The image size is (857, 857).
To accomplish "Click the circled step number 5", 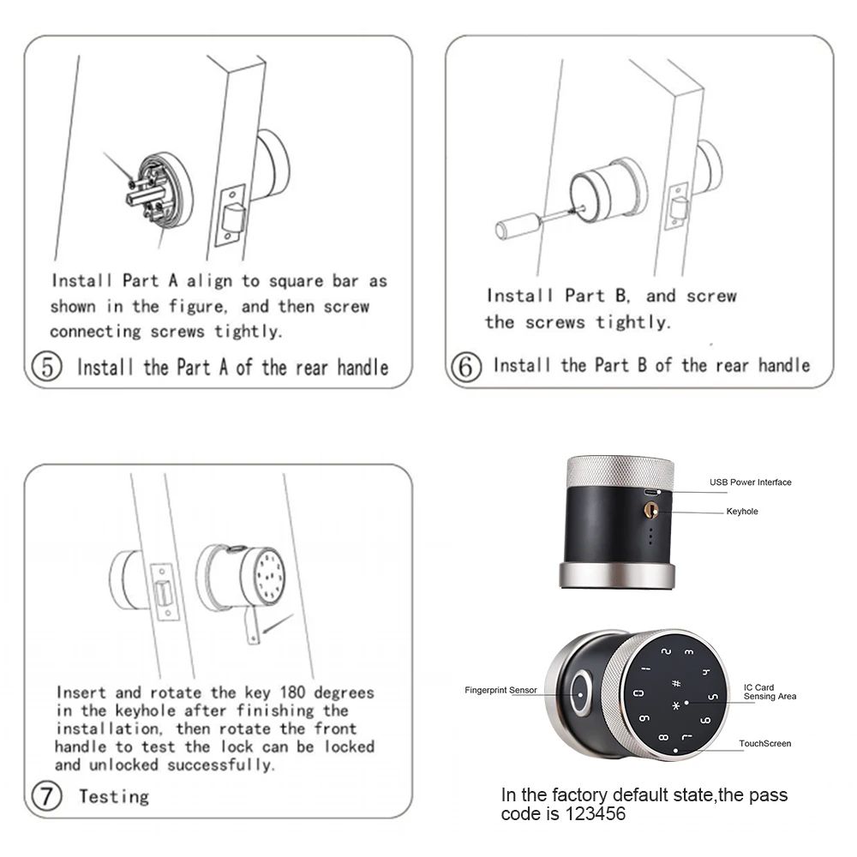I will tap(47, 368).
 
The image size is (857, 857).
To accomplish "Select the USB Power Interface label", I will tap(750, 482).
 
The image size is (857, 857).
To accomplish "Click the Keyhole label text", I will tap(741, 512).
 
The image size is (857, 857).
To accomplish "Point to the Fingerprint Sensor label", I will tap(500, 690).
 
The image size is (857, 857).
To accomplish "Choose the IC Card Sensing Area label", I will tap(770, 692).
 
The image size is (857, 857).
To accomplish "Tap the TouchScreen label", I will tap(764, 744).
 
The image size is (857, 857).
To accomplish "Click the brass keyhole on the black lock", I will tap(650, 510).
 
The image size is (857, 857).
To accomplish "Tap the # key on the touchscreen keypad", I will tap(676, 683).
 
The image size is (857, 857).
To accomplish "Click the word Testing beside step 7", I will tap(114, 797).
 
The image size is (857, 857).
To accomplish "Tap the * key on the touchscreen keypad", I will tap(675, 706).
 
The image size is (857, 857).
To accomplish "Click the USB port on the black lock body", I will tap(651, 493).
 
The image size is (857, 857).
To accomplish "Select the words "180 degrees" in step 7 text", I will tap(331, 692).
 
